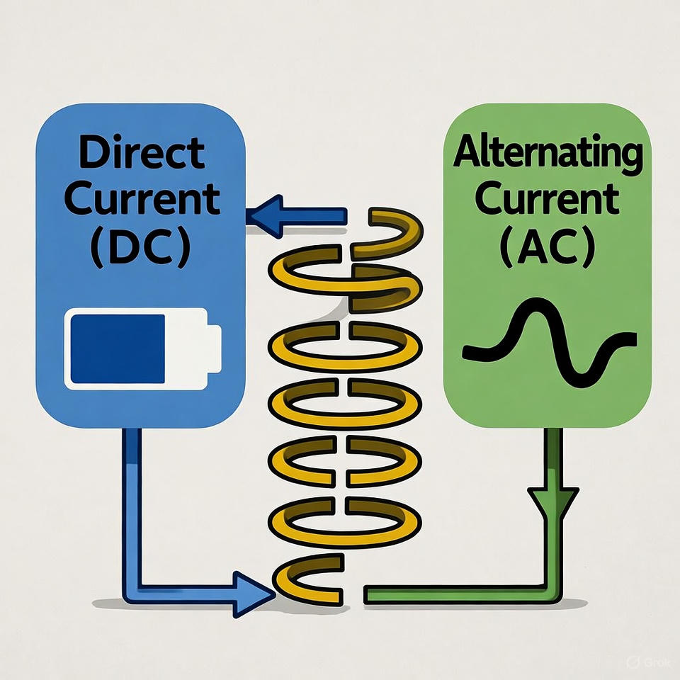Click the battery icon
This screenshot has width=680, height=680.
(142, 348)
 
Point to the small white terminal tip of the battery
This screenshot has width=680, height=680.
(214, 348)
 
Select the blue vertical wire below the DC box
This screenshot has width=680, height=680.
(132, 496)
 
